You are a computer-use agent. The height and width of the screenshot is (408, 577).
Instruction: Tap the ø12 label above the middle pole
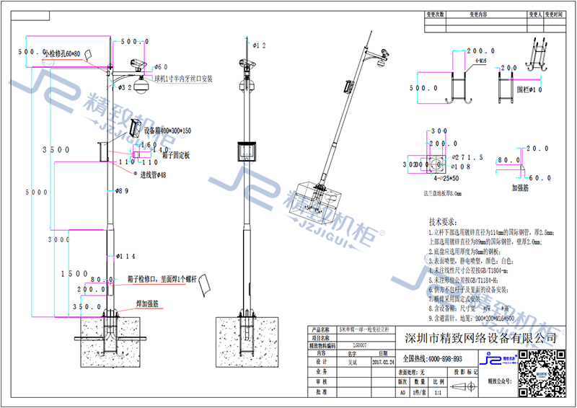pos(260,45)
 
